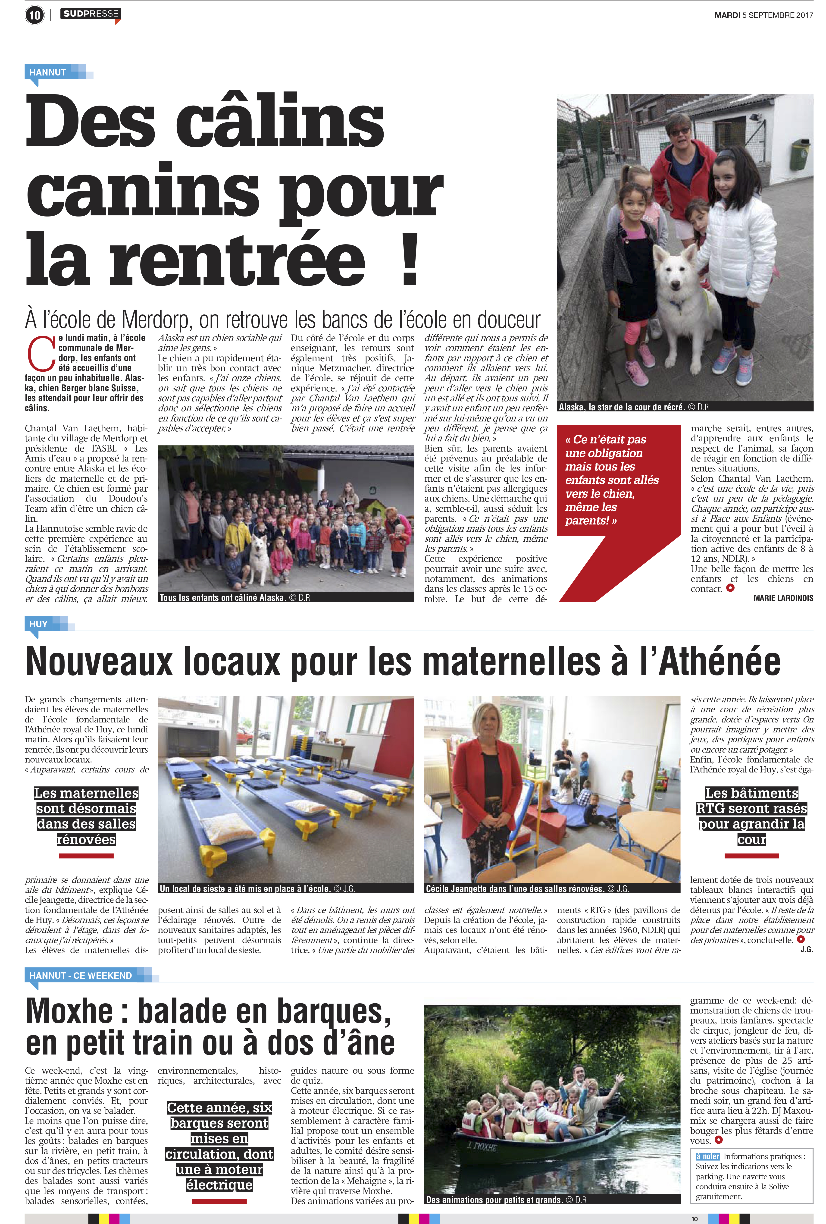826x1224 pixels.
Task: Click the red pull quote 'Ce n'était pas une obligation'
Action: (611, 479)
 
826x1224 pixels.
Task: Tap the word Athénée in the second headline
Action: (711, 662)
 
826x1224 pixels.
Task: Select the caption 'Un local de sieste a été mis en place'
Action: (245, 888)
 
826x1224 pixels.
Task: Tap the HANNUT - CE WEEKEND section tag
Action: (80, 975)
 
